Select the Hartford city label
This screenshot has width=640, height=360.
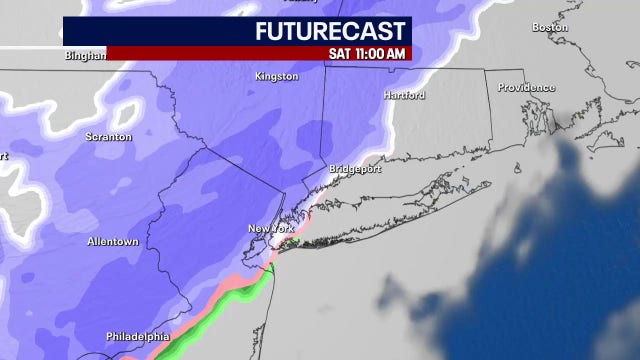pyautogui.click(x=404, y=95)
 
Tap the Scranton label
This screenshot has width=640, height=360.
pyautogui.click(x=109, y=136)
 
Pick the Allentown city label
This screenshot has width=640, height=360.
pyautogui.click(x=113, y=242)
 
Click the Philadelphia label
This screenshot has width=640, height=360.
pyautogui.click(x=137, y=336)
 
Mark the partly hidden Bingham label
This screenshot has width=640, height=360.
pyautogui.click(x=84, y=56)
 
